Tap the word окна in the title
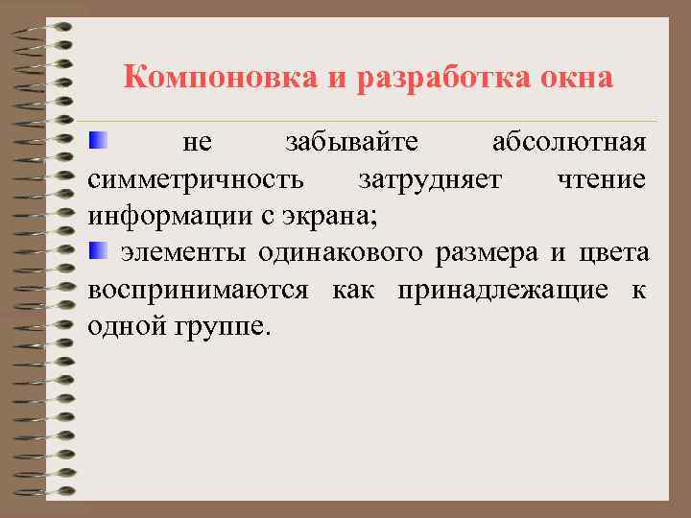576,78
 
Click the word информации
169,216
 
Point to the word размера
488,253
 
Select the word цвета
614,253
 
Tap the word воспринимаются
198,290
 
